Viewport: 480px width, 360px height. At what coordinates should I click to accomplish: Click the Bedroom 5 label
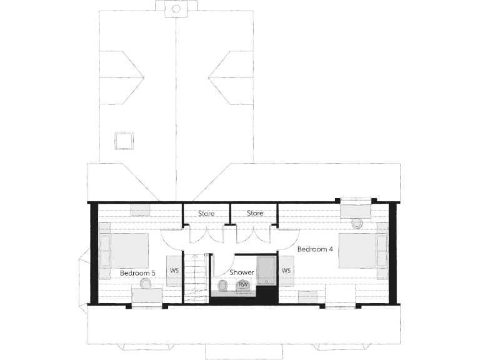[x=137, y=273]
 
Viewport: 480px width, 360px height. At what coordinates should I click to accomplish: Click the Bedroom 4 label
[x=315, y=249]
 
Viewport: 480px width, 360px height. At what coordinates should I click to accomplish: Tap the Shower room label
[x=242, y=272]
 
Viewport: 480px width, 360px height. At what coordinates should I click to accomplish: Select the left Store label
[x=206, y=214]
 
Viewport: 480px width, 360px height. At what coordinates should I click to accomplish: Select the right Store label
[x=255, y=214]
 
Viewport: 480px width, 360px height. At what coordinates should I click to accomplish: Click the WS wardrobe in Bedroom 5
[x=173, y=271]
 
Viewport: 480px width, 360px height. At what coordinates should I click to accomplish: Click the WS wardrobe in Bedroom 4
[x=286, y=271]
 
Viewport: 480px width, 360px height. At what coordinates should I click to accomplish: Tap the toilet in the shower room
[x=222, y=286]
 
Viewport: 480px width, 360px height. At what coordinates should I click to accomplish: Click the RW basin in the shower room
[x=243, y=285]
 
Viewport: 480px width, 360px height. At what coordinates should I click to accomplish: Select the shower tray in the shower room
[x=266, y=270]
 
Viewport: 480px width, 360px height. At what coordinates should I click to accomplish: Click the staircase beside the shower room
[x=197, y=275]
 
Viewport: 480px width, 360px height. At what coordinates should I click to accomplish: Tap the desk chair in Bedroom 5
[x=146, y=283]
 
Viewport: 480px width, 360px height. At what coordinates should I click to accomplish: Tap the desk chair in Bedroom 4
[x=357, y=222]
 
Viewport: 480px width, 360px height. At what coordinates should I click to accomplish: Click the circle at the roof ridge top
[x=176, y=9]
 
